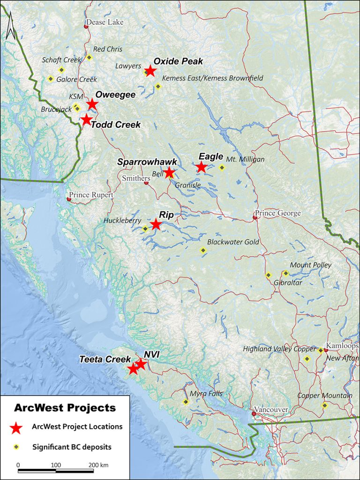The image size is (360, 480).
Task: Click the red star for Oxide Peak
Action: (150, 71)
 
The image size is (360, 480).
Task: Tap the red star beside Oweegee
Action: (92, 105)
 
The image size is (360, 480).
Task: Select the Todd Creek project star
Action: (86, 120)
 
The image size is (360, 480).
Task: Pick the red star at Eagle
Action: (201, 167)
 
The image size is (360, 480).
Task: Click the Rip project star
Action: (156, 225)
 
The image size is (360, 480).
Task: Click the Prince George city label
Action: (277, 213)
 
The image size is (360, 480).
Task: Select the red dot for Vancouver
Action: (254, 414)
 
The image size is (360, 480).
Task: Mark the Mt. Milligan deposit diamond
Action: (222, 167)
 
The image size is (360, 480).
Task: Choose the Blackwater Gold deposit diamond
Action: (203, 251)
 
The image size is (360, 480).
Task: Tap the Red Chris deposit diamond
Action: (89, 58)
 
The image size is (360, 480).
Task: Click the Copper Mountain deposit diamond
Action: (324, 405)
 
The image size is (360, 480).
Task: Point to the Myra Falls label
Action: (206, 394)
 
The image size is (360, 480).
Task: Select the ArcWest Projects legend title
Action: (65, 407)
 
